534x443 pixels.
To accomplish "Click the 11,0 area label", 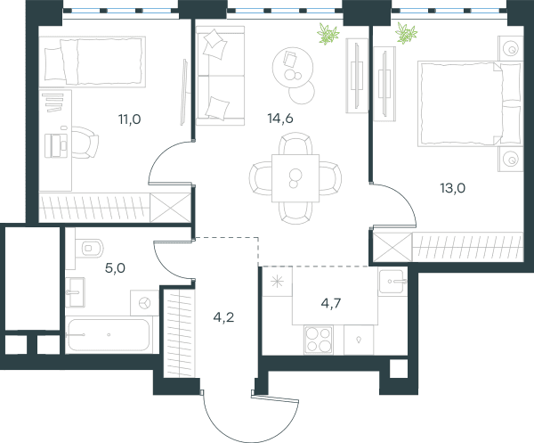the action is [x=129, y=119].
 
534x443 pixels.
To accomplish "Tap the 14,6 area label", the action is [x=280, y=119].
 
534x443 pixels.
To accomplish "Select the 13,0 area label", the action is [x=453, y=188].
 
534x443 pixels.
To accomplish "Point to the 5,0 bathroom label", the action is [x=115, y=268].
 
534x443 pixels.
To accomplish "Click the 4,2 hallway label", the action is [x=223, y=317].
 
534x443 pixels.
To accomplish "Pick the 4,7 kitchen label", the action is [x=331, y=303].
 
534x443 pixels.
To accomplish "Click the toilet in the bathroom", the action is [x=89, y=249].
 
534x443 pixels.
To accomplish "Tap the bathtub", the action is [x=109, y=335].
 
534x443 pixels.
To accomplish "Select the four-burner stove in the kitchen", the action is [x=319, y=340].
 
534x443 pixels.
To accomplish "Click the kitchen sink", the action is [x=392, y=282].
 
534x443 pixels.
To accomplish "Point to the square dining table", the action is [x=295, y=178].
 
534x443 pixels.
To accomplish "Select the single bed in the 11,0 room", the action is [x=93, y=62].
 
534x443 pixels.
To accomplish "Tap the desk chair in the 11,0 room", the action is [x=85, y=143].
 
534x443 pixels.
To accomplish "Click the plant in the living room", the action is [x=328, y=34].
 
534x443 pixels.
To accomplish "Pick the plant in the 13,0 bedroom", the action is [x=407, y=33].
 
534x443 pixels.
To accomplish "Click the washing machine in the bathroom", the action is [x=145, y=303].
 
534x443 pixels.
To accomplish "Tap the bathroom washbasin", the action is [x=76, y=292].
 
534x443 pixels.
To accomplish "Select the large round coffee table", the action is [x=293, y=68].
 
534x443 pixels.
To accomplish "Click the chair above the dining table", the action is [x=295, y=144].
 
